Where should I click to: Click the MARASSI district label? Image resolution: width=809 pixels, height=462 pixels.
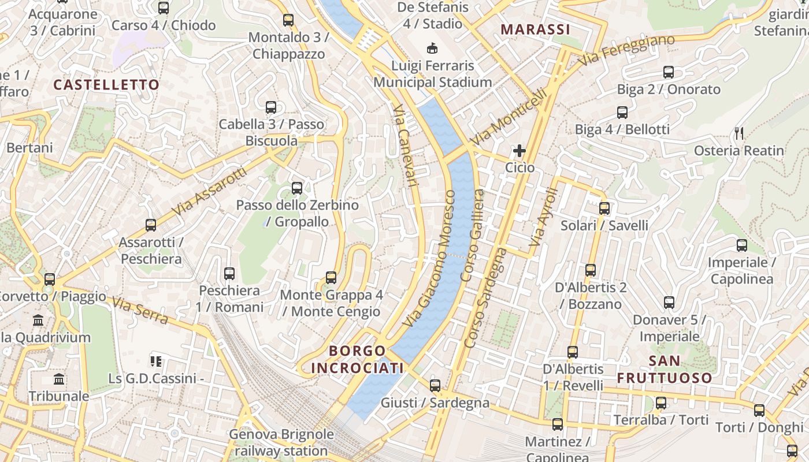(535, 29)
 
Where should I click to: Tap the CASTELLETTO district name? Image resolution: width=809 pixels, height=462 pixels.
(106, 85)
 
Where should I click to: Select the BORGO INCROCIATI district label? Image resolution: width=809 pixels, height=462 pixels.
(357, 359)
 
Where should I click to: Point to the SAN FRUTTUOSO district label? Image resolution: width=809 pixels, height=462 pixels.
(665, 370)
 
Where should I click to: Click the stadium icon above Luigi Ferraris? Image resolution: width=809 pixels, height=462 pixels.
(432, 47)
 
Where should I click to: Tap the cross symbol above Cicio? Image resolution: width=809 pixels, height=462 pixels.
(519, 151)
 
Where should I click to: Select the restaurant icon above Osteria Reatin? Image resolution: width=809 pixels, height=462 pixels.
(739, 133)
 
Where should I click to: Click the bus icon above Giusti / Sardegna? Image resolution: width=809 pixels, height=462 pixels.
(435, 385)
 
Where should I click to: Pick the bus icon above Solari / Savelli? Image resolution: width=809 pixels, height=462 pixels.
(604, 208)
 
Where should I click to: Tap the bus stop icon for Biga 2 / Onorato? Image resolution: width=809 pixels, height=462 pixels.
(669, 72)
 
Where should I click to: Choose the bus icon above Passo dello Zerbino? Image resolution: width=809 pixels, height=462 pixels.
(297, 188)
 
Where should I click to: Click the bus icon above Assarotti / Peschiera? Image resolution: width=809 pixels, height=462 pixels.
(151, 225)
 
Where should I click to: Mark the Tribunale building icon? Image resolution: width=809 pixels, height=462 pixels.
(59, 379)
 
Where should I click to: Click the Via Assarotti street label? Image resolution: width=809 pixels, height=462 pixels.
(209, 192)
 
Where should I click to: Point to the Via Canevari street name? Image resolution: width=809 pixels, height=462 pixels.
(404, 145)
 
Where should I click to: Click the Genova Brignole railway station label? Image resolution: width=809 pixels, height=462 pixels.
(281, 442)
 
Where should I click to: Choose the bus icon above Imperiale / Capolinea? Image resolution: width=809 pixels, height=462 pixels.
(742, 245)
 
